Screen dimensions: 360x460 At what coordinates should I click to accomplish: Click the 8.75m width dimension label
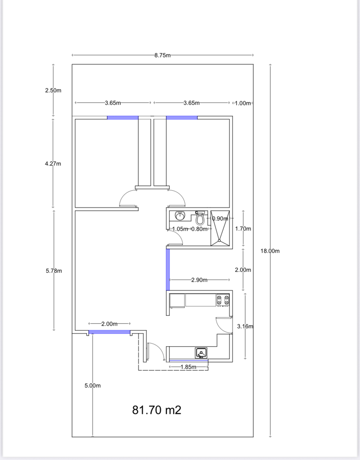coord(162,55)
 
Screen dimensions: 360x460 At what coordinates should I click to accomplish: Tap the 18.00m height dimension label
coord(270,251)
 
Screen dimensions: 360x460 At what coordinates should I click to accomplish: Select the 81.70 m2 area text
coord(157,410)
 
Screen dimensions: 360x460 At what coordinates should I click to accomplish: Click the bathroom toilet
coord(200,218)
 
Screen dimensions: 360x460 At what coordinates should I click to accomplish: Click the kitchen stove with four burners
coord(223,300)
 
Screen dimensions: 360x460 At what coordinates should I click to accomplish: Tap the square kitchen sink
coord(201,353)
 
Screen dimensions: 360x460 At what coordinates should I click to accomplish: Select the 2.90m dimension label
coord(199,280)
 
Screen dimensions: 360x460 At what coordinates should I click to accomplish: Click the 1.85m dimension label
coord(188,367)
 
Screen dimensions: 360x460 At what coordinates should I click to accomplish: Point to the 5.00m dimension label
coord(92,386)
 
